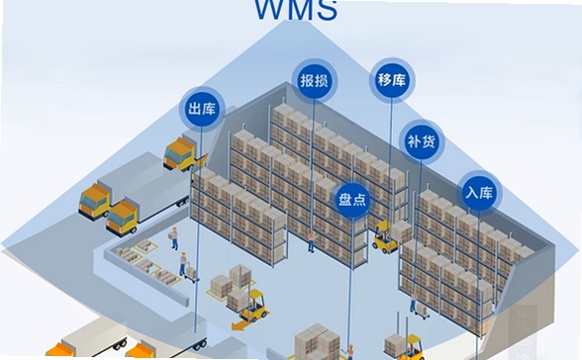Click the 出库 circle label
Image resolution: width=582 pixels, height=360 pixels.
pyautogui.click(x=202, y=109)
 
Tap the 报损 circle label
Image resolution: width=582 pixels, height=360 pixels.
pyautogui.click(x=315, y=80)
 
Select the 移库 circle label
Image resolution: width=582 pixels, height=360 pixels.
pyautogui.click(x=392, y=80)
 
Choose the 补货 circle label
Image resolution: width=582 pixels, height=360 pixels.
pyautogui.click(x=422, y=141)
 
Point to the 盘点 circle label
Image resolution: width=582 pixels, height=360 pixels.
pyautogui.click(x=352, y=200)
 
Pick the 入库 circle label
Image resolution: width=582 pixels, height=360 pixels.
pyautogui.click(x=479, y=193)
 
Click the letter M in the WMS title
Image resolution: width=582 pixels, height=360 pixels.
pyautogui.click(x=303, y=10)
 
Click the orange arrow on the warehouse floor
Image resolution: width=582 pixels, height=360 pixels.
pyautogui.click(x=241, y=325)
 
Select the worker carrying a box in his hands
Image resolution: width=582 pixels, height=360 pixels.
pyautogui.click(x=174, y=238)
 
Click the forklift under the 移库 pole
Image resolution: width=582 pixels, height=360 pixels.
pyautogui.click(x=385, y=237)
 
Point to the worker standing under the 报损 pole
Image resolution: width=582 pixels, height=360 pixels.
pyautogui.click(x=311, y=241)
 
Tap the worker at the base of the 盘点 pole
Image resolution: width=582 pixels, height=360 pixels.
pyautogui.click(x=349, y=351)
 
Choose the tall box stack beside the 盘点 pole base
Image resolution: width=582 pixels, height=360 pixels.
pyautogui.click(x=318, y=342)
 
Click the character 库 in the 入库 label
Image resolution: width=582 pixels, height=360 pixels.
pyautogui.click(x=486, y=193)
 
